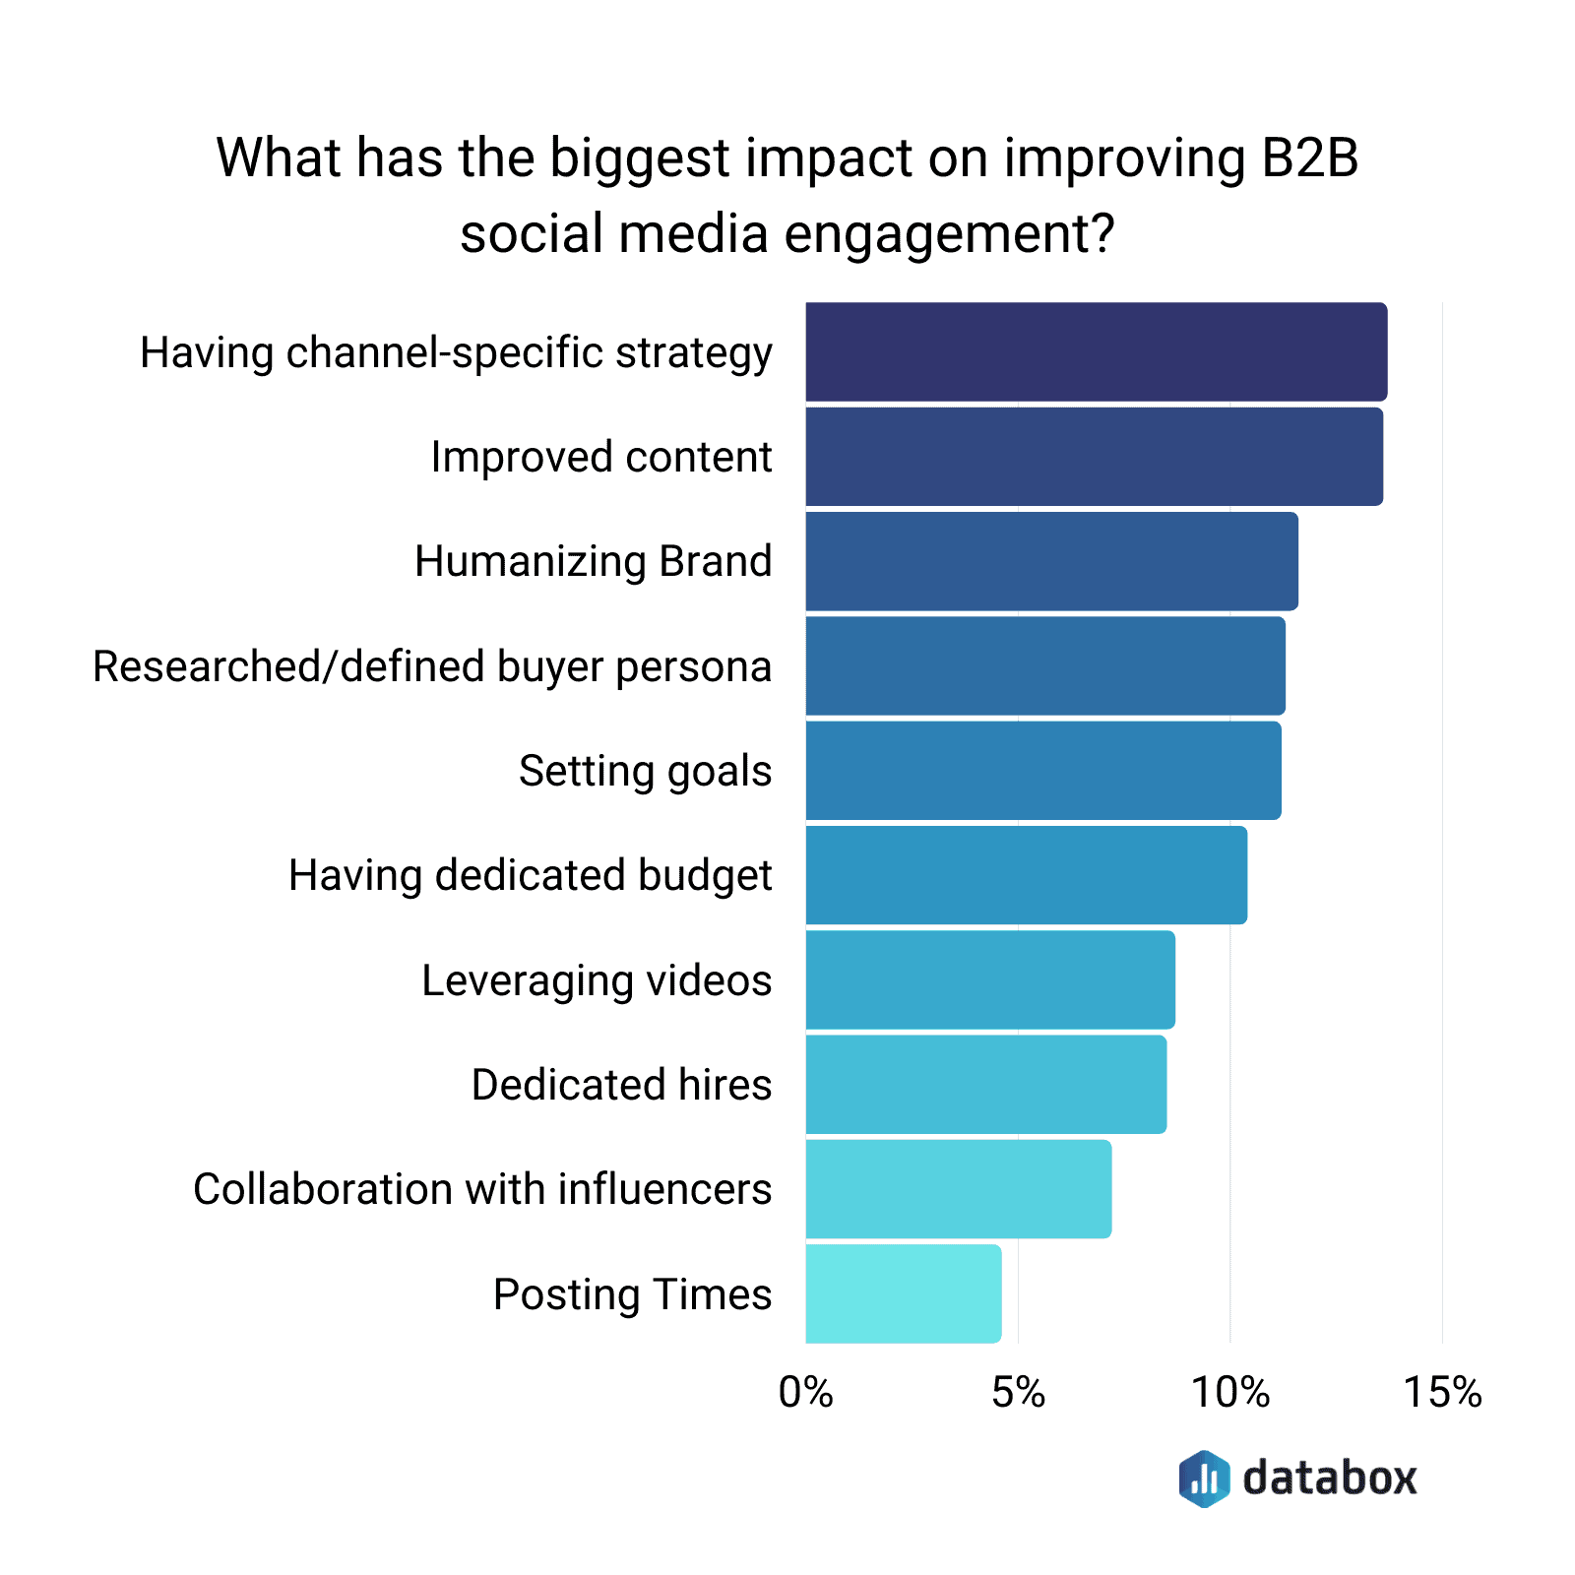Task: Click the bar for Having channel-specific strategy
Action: [x=1096, y=352]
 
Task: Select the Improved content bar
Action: [x=1094, y=457]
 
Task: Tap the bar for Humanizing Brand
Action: [x=1051, y=561]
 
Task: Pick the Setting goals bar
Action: [x=1043, y=771]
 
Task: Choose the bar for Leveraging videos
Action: [x=990, y=979]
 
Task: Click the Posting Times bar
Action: [x=904, y=1293]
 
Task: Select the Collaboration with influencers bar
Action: [x=959, y=1189]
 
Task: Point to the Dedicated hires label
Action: [x=621, y=1085]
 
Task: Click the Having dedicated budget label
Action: [x=530, y=876]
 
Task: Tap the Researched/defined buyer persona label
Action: [x=432, y=666]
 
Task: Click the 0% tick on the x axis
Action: [x=805, y=1393]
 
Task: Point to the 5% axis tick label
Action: [x=1018, y=1393]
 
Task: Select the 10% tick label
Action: [x=1230, y=1393]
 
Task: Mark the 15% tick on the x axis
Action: [x=1442, y=1393]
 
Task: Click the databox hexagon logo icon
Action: [x=1204, y=1478]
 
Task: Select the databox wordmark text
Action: [x=1329, y=1478]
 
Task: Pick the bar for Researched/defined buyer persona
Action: [x=1045, y=666]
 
